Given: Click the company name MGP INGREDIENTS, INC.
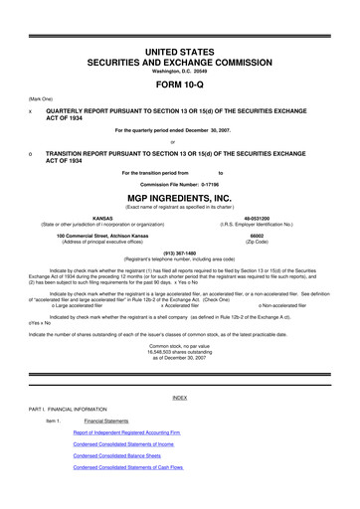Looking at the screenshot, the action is coord(180,198).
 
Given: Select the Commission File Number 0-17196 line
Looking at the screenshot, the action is coord(180,184).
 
